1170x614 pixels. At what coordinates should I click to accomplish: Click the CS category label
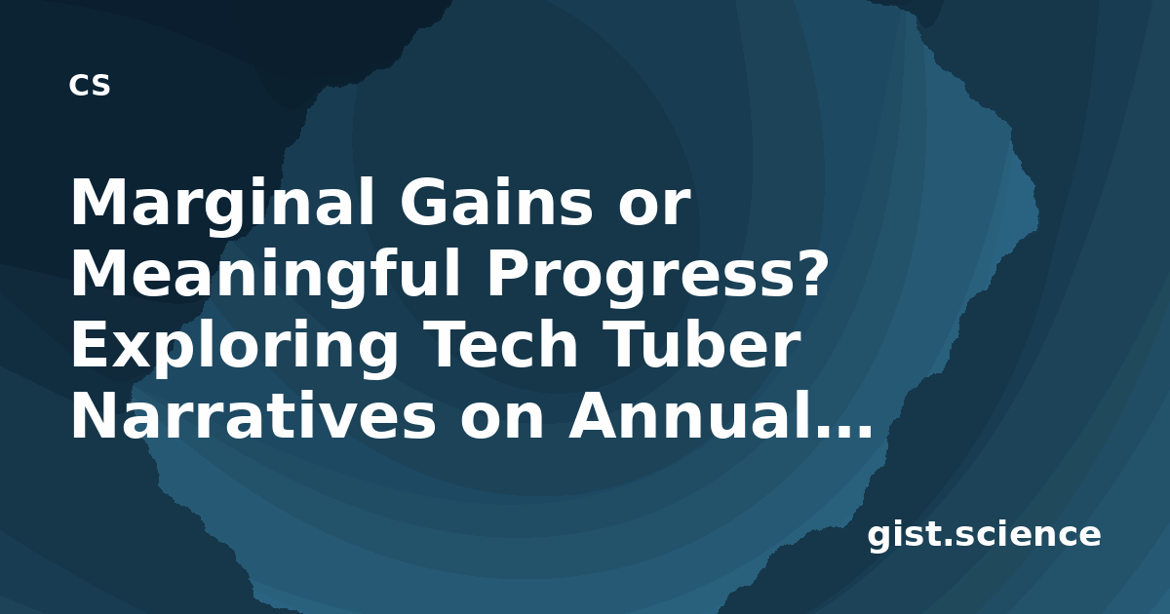point(90,85)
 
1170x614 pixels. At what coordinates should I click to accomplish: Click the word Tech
point(500,343)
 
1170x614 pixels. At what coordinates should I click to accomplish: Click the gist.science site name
point(984,536)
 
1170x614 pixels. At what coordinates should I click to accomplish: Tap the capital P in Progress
point(509,273)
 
